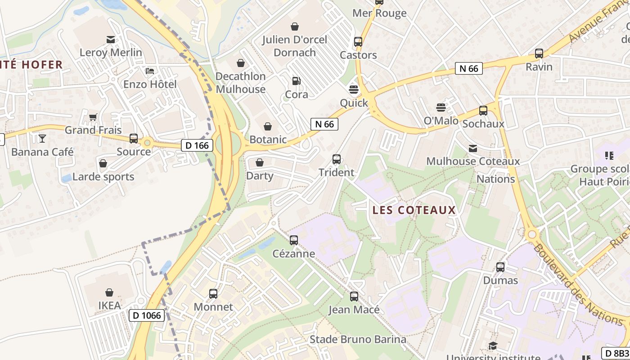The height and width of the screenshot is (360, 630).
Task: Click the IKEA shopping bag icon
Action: click(x=109, y=292)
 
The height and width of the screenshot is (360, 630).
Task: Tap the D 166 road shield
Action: click(x=197, y=145)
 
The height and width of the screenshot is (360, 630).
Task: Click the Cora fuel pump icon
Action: click(x=296, y=81)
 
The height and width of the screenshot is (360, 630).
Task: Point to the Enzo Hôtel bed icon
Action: click(x=150, y=71)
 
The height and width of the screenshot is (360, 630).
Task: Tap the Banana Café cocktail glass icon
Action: click(x=42, y=138)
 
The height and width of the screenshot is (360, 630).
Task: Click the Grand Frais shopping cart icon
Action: click(x=93, y=117)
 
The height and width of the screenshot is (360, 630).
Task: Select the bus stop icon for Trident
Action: click(x=336, y=159)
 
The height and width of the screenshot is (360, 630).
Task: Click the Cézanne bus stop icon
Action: click(x=294, y=240)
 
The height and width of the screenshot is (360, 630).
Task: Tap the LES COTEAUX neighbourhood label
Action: click(x=414, y=210)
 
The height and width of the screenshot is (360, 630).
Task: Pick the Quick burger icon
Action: click(x=354, y=89)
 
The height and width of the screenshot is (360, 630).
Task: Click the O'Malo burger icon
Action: click(x=441, y=107)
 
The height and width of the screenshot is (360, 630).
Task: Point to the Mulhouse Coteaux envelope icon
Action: click(x=473, y=148)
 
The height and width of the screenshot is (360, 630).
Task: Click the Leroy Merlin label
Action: click(x=111, y=53)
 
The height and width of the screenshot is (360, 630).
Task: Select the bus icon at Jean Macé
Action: click(x=354, y=297)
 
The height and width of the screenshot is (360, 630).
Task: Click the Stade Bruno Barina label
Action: click(x=358, y=339)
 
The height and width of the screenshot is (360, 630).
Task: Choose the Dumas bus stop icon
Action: click(x=500, y=267)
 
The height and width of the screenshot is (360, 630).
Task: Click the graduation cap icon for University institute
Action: click(x=493, y=346)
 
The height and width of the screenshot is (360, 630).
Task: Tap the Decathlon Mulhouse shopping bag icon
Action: click(x=241, y=63)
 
